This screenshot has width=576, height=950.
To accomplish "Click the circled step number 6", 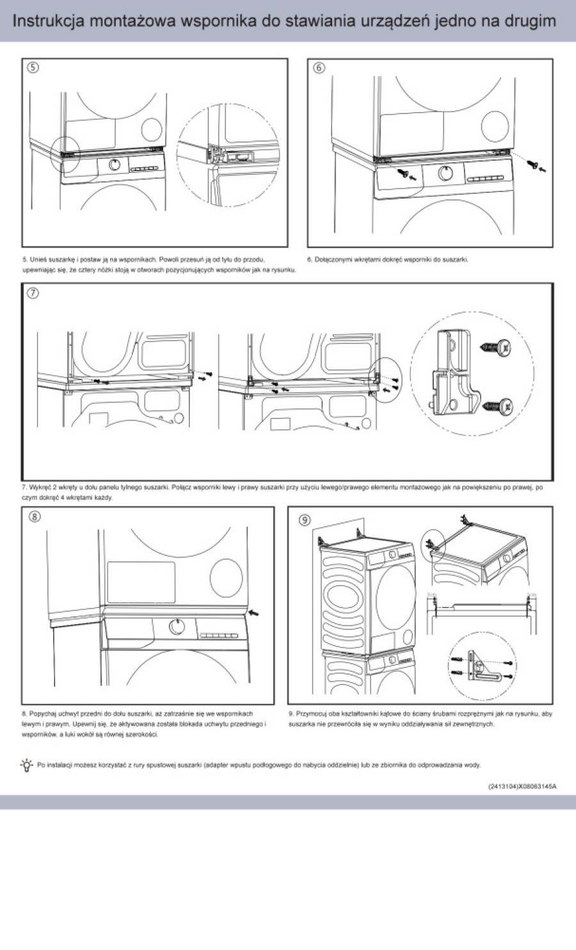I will pyautogui.click(x=319, y=67).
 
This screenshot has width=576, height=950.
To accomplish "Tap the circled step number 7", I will pyautogui.click(x=33, y=293).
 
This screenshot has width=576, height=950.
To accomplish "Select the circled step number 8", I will pyautogui.click(x=34, y=516).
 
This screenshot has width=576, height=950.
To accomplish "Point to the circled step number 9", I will pyautogui.click(x=305, y=520).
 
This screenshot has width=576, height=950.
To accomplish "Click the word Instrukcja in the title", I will pyautogui.click(x=49, y=20).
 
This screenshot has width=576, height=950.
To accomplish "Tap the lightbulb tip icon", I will pyautogui.click(x=26, y=764).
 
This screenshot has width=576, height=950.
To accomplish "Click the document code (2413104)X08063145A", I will pyautogui.click(x=521, y=785).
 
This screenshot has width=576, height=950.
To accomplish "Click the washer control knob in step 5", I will pyautogui.click(x=115, y=165).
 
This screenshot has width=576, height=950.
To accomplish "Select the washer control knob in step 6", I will pyautogui.click(x=446, y=172).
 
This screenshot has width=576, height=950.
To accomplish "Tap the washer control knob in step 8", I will pyautogui.click(x=177, y=627).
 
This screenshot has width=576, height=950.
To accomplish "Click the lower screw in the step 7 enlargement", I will pyautogui.click(x=499, y=405).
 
